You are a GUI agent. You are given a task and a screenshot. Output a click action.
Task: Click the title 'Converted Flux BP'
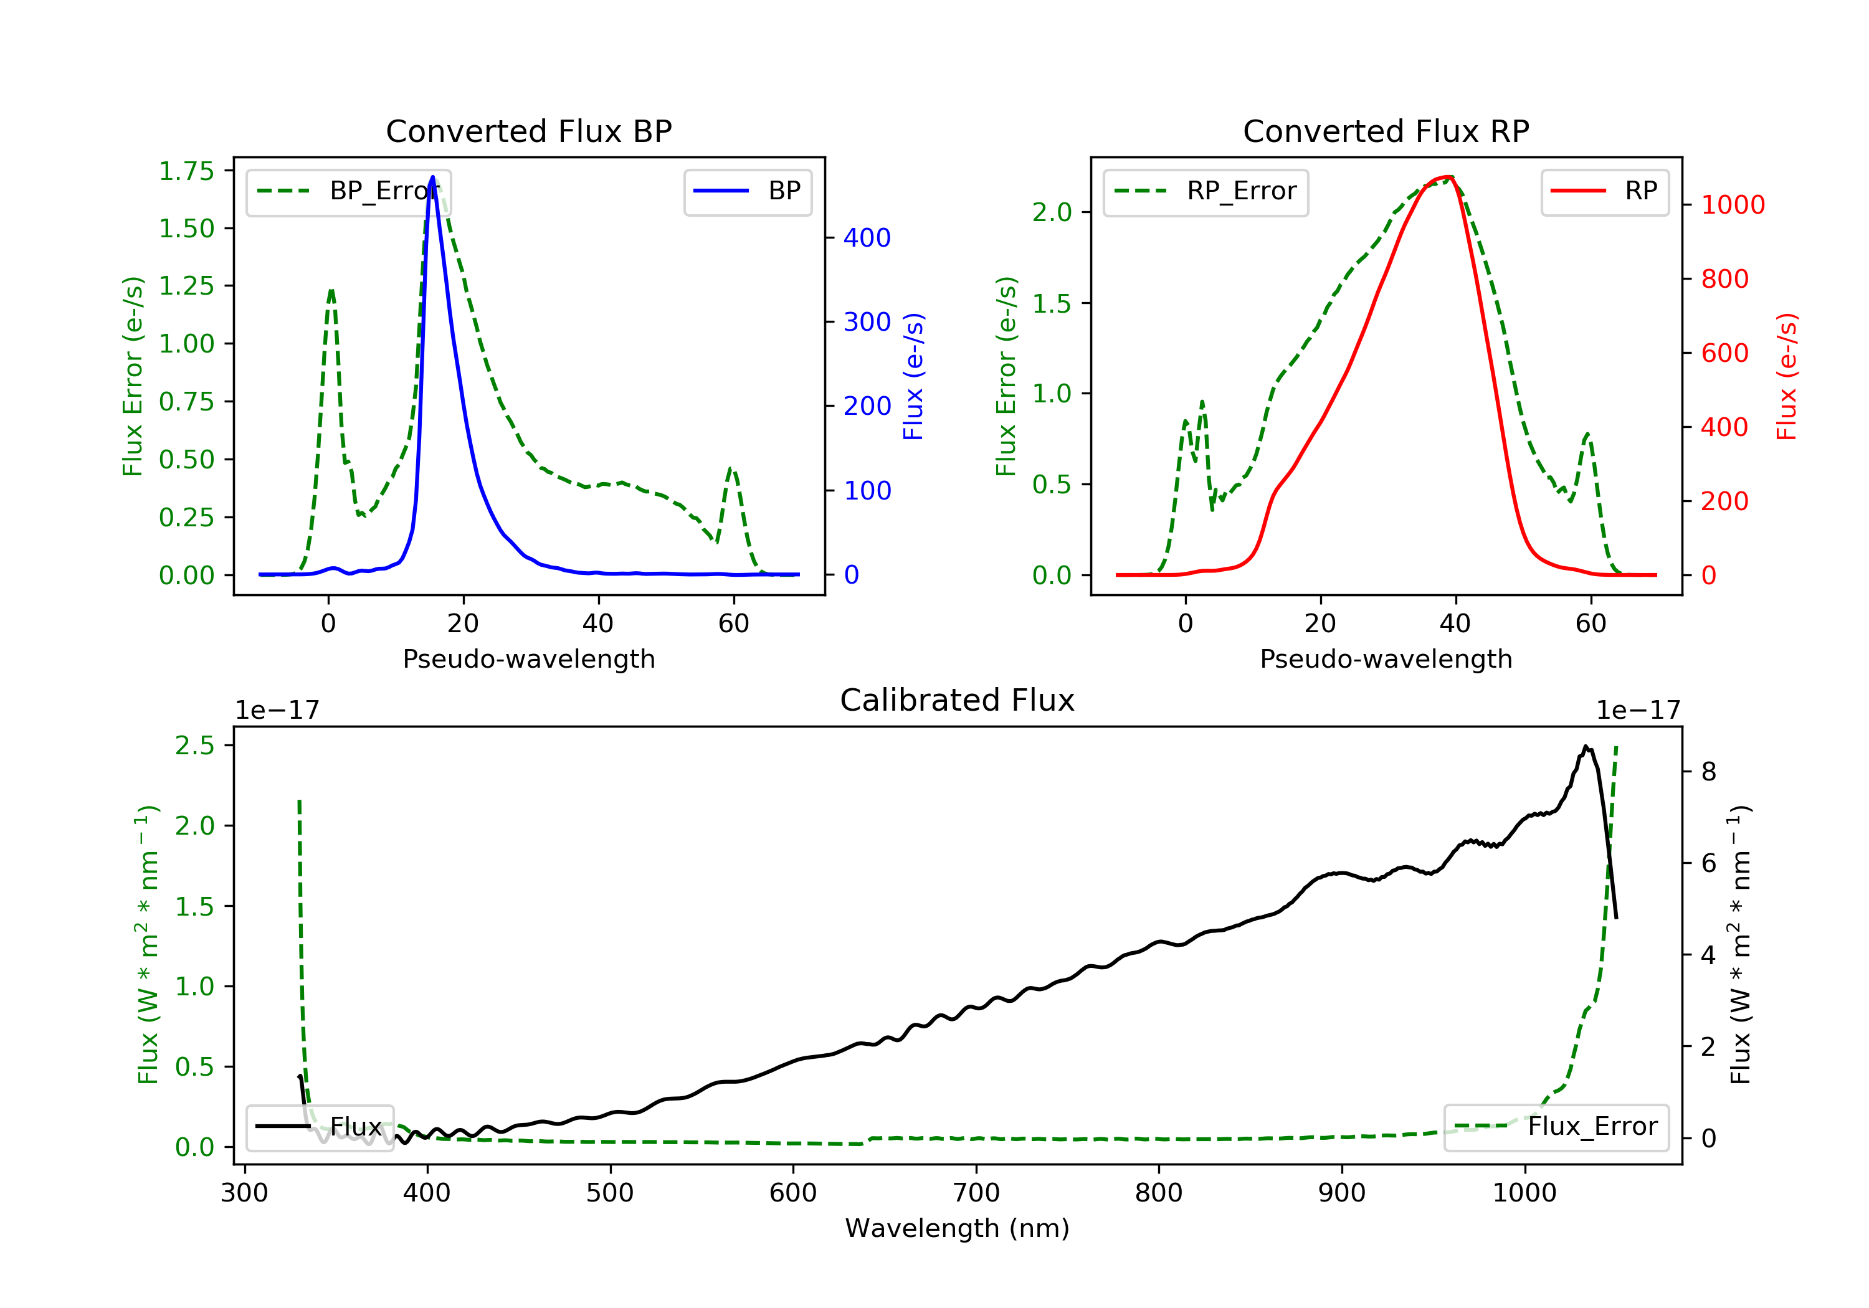point(528,131)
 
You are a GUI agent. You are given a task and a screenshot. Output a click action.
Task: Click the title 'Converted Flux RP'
point(1386,131)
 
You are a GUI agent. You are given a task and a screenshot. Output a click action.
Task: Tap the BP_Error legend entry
point(348,191)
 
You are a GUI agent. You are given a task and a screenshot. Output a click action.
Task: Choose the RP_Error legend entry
point(1205,191)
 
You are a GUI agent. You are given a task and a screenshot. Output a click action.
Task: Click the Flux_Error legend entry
point(1556,1127)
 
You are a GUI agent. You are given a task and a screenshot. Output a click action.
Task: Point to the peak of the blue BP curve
point(432,177)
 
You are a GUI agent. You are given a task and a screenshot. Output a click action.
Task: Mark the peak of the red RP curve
point(1450,177)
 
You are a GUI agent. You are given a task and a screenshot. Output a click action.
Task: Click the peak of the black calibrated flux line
point(1585,746)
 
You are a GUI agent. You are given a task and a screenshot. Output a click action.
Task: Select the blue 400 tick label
point(867,238)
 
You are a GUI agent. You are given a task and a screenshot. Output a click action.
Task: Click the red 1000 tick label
point(1732,205)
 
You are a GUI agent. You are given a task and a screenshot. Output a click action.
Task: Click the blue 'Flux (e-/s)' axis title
point(913,376)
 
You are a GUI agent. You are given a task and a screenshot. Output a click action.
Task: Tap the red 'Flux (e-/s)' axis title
point(1786,376)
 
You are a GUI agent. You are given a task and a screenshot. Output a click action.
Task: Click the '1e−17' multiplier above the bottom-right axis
point(1638,711)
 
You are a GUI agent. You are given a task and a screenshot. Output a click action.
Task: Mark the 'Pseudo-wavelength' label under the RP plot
point(1386,658)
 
